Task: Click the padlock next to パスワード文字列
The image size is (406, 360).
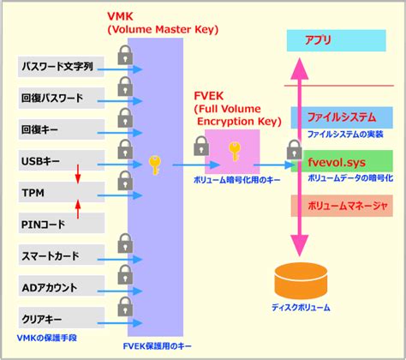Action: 125,56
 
